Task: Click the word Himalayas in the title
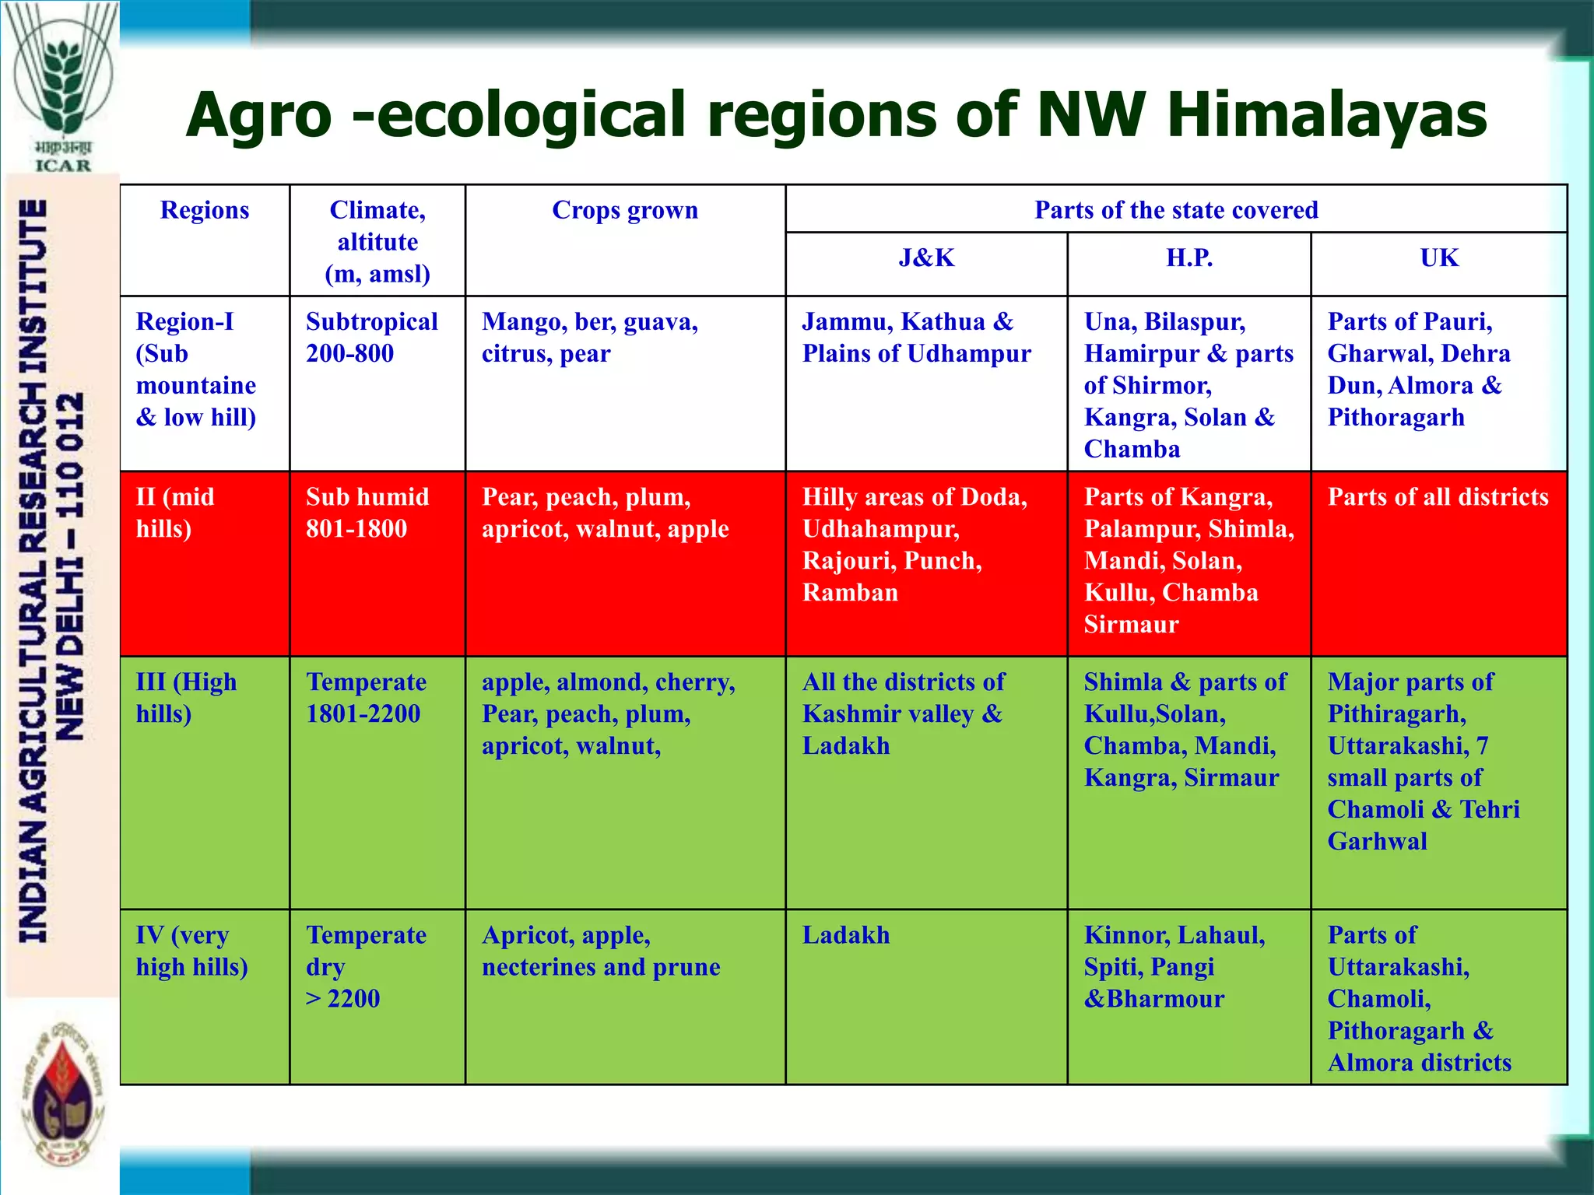[1326, 115]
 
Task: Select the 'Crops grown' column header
[625, 210]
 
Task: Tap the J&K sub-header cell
[926, 258]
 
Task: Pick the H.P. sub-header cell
[1188, 258]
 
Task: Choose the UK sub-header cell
[1438, 258]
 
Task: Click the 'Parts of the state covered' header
[1175, 210]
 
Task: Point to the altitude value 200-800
[349, 354]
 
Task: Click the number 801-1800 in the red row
[356, 529]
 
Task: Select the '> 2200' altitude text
[342, 999]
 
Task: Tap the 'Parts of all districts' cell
[1438, 497]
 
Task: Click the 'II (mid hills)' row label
[174, 513]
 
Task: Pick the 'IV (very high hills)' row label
[191, 951]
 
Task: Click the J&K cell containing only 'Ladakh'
[846, 935]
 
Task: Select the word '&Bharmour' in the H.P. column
[1153, 999]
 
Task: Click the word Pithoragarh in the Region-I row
[1396, 418]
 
